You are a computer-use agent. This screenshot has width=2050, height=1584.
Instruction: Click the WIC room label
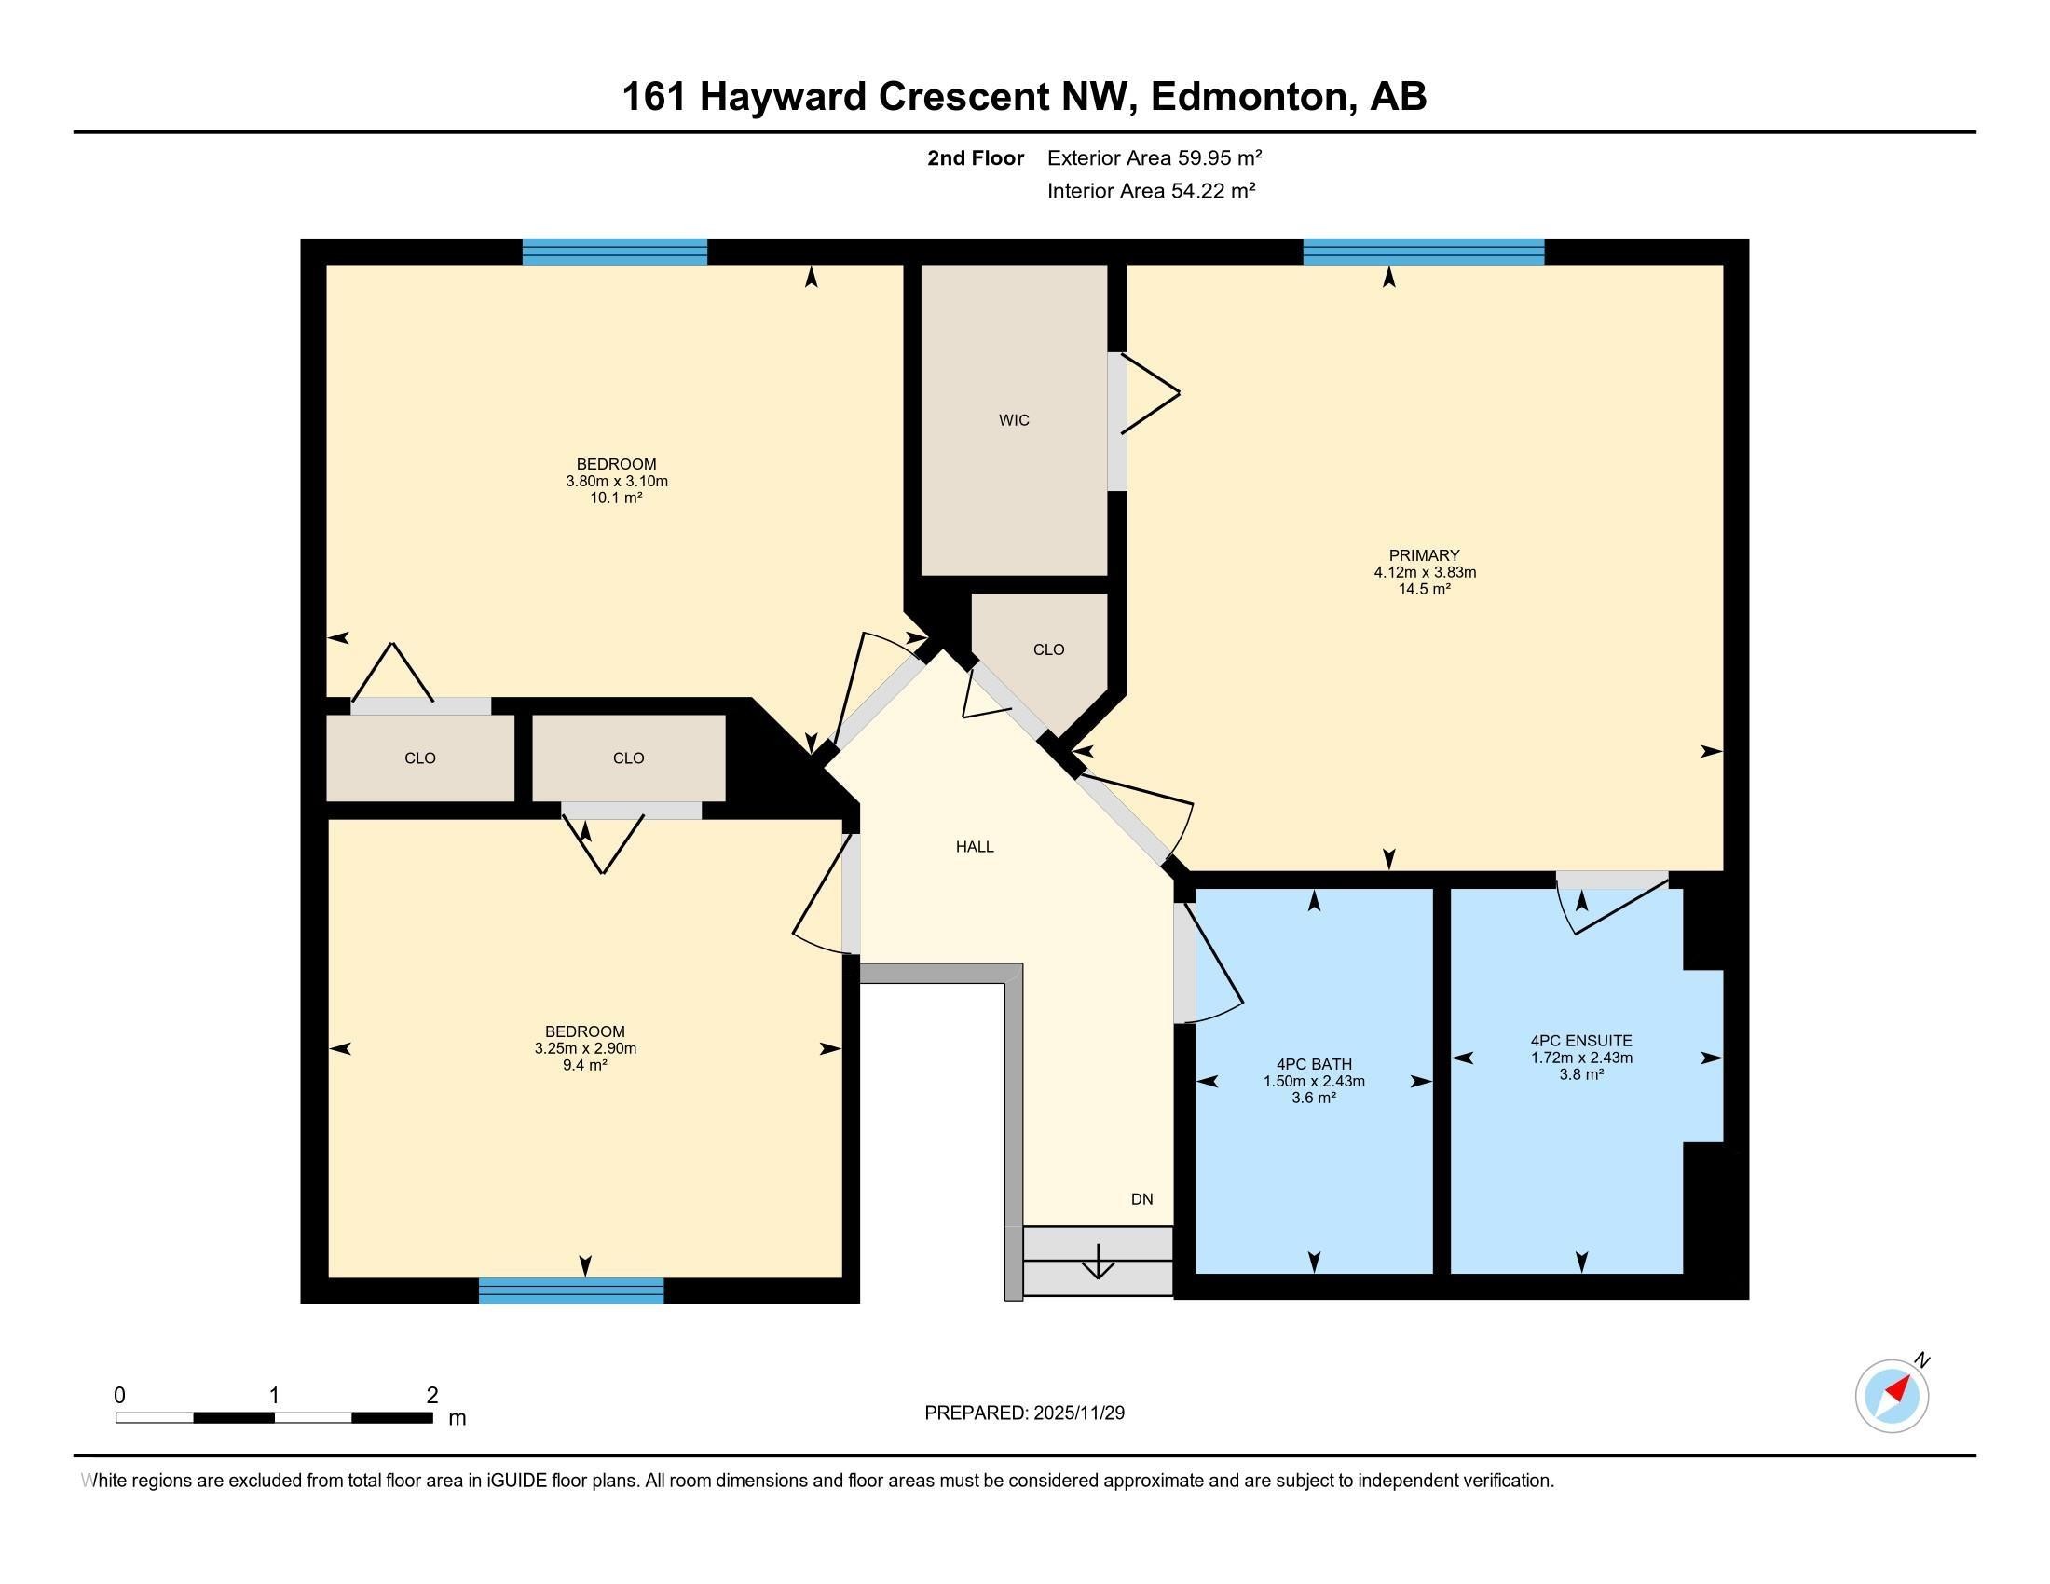coord(1014,420)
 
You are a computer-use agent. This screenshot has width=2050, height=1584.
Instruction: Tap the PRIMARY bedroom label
coord(1424,554)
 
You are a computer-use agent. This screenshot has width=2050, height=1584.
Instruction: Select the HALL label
coord(975,846)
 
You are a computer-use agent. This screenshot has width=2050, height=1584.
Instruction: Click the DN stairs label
coord(1141,1199)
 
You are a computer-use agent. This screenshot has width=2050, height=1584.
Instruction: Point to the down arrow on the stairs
coord(1098,1263)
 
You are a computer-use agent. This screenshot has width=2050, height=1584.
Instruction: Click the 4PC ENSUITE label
coord(1580,1041)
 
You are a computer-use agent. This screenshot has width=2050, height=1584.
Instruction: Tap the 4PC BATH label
coord(1313,1064)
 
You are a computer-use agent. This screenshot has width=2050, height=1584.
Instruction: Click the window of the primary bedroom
coord(1423,252)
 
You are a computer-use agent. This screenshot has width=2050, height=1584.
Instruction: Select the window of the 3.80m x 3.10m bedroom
coord(614,252)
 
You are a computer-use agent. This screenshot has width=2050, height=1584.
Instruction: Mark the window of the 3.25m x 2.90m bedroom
coord(570,1291)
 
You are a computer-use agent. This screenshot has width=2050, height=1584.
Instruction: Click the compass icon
coord(1892,1396)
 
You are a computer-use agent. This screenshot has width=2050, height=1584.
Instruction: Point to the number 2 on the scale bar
coord(431,1396)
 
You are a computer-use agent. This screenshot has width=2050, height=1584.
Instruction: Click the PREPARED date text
coord(1024,1413)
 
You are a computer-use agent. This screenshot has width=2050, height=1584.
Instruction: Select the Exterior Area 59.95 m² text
coord(1154,157)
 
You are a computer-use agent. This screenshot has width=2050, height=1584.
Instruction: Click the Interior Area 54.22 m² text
coord(1151,191)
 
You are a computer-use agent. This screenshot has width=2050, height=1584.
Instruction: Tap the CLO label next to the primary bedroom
coord(1048,649)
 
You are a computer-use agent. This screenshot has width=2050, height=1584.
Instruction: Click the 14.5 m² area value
coord(1424,589)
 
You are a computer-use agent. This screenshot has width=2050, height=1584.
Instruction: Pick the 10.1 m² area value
coord(616,498)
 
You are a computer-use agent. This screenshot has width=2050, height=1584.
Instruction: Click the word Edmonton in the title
coord(1250,97)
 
